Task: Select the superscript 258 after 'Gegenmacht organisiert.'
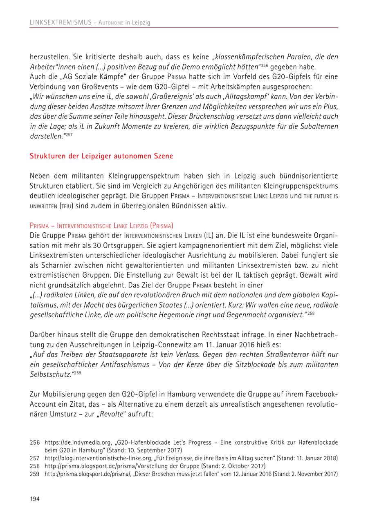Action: click(312, 313)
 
